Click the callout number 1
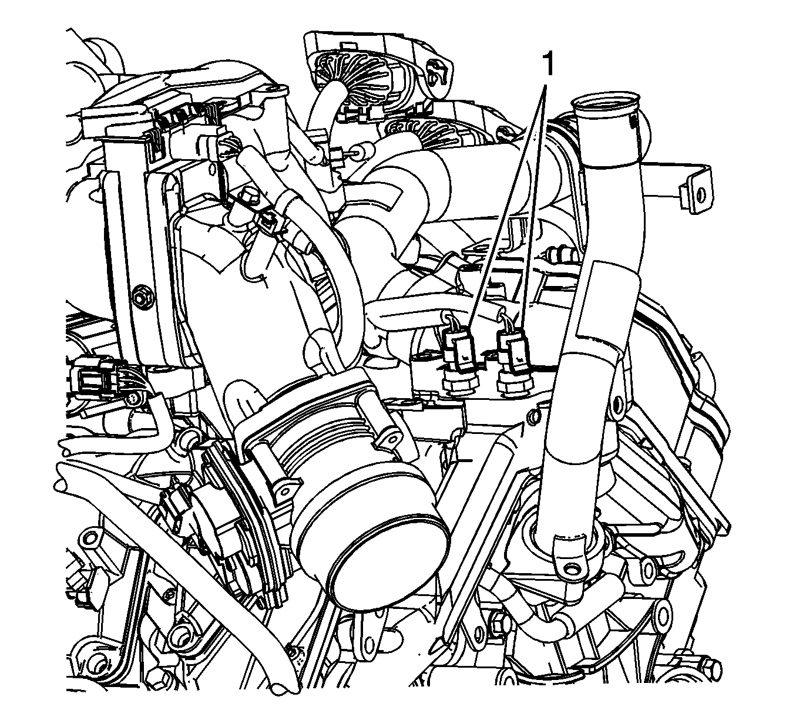549,65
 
